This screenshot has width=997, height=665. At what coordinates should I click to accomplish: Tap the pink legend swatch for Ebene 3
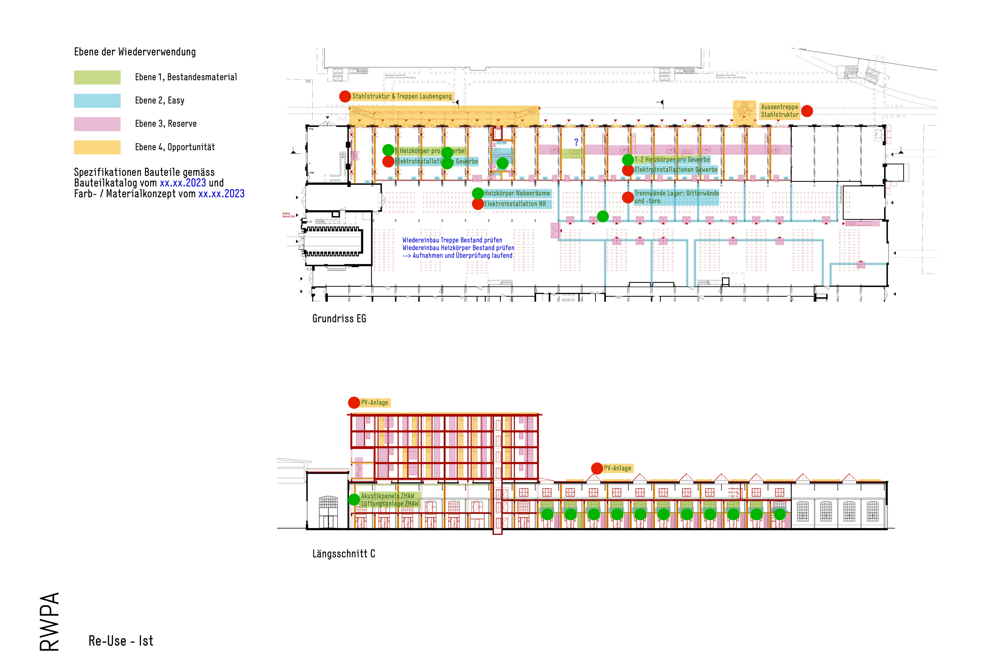pyautogui.click(x=97, y=124)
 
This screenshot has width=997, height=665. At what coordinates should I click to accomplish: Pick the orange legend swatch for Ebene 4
pyautogui.click(x=97, y=147)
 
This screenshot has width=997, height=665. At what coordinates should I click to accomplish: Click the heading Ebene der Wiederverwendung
pyautogui.click(x=135, y=52)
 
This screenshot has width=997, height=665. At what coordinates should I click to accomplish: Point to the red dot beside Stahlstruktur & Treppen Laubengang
pyautogui.click(x=345, y=96)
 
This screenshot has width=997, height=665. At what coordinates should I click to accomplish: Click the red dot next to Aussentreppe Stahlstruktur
pyautogui.click(x=807, y=111)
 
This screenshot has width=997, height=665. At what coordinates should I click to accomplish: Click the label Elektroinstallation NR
pyautogui.click(x=515, y=204)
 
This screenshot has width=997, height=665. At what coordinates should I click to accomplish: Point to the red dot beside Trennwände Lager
pyautogui.click(x=628, y=197)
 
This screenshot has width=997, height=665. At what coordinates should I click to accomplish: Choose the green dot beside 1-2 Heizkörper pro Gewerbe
pyautogui.click(x=628, y=160)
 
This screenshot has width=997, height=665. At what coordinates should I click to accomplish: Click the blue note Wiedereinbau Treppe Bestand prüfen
pyautogui.click(x=452, y=240)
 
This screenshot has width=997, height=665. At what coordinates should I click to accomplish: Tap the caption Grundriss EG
pyautogui.click(x=339, y=318)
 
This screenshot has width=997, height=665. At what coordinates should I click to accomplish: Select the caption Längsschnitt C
pyautogui.click(x=343, y=554)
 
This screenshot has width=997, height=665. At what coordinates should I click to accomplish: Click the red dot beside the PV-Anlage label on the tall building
pyautogui.click(x=354, y=403)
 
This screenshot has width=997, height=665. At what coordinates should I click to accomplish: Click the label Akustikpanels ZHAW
pyautogui.click(x=387, y=496)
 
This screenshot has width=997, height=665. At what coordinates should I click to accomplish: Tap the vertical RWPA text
pyautogui.click(x=49, y=621)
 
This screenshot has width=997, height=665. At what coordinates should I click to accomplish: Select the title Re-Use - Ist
pyautogui.click(x=121, y=641)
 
